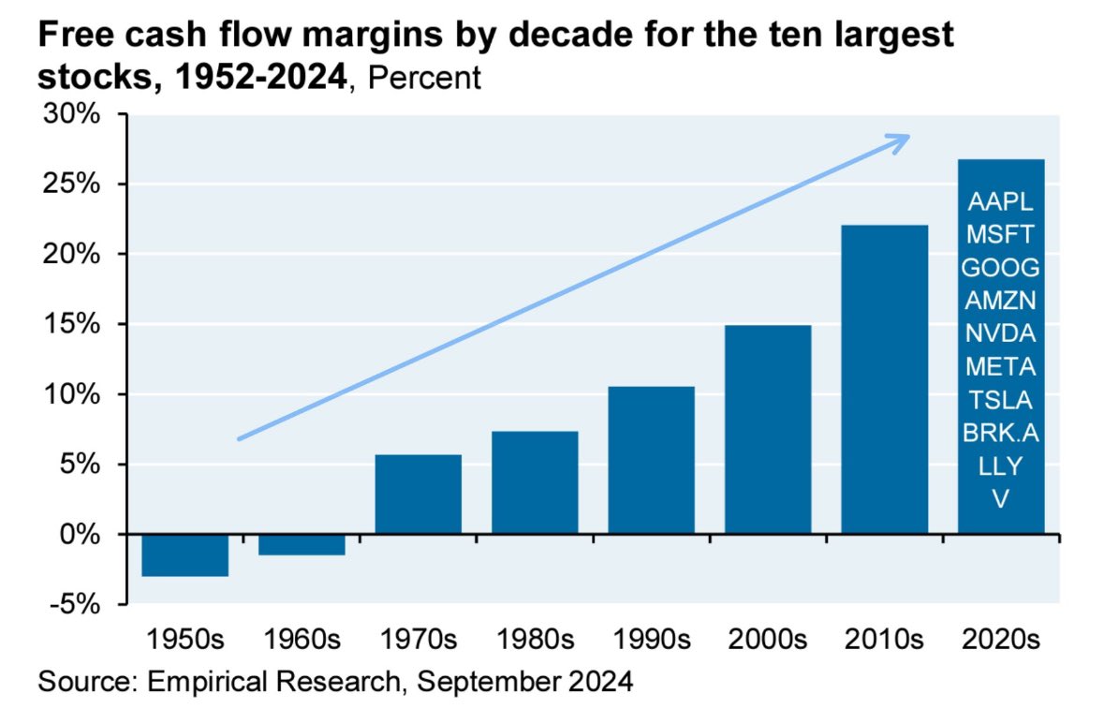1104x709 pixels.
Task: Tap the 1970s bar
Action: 418,494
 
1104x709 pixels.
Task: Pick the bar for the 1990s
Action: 651,460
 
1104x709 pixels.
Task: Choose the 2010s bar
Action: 884,379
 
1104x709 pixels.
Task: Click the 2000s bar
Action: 768,429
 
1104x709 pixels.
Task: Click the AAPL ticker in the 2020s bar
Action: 1000,201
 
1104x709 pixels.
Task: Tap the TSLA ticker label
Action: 1000,400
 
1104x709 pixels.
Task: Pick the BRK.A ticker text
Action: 1000,433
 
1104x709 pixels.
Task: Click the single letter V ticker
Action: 1000,499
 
